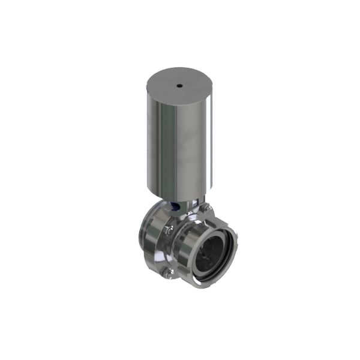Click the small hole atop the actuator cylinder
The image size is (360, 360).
click(179, 86)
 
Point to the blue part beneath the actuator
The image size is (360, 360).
click(174, 207)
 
